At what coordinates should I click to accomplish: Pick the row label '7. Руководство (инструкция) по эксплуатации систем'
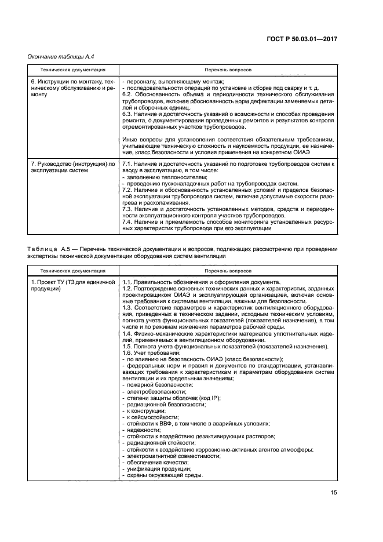click(72, 168)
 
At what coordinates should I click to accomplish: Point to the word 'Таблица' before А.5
click(42, 249)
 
